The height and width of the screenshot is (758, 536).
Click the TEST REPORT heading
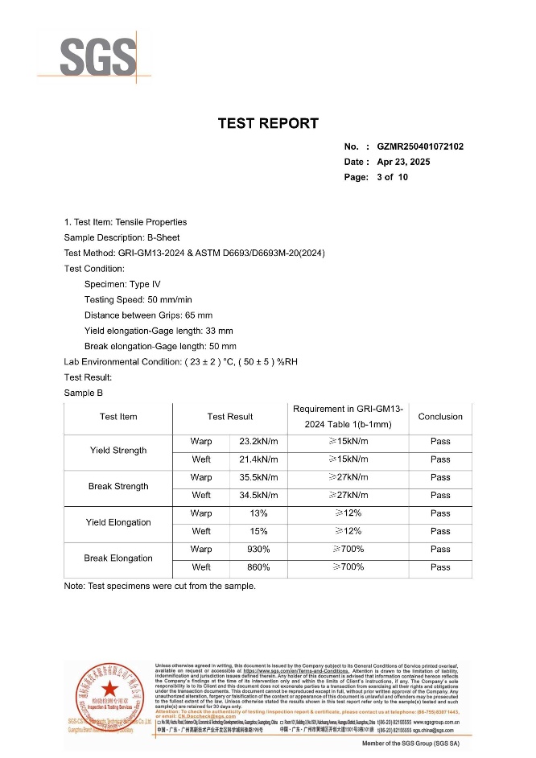pyautogui.click(x=268, y=123)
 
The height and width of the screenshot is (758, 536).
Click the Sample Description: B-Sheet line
pyautogui.click(x=122, y=237)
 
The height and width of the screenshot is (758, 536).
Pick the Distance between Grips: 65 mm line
pyautogui.click(x=148, y=315)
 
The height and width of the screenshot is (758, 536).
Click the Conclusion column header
pyautogui.click(x=440, y=417)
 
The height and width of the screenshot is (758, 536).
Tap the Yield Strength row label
pyautogui.click(x=118, y=451)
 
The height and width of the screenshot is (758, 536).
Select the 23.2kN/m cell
pyautogui.click(x=258, y=442)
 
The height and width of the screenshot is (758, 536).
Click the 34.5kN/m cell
pyautogui.click(x=258, y=495)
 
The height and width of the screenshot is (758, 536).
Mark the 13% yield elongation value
pyautogui.click(x=258, y=513)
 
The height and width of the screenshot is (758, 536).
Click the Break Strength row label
pyautogui.click(x=118, y=486)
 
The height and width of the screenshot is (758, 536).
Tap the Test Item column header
pyautogui.click(x=118, y=417)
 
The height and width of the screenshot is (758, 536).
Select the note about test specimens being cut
pyautogui.click(x=159, y=587)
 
